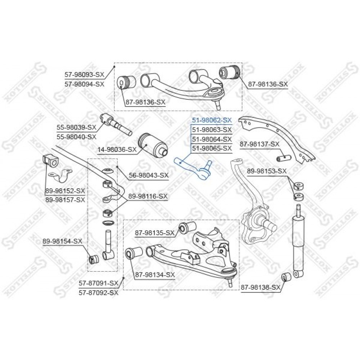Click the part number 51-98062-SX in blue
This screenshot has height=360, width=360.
[212, 120]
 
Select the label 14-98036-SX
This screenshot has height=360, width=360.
[117, 150]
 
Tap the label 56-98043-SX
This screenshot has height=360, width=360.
[149, 175]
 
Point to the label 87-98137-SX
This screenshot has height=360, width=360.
[260, 144]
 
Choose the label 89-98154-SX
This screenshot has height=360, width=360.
[62, 241]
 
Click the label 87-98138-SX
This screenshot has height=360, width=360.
[261, 287]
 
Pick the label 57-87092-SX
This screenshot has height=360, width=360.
[99, 292]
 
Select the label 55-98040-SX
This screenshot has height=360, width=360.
[76, 137]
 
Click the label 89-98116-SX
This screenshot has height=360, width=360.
[148, 196]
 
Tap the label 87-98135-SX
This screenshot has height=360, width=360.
[155, 233]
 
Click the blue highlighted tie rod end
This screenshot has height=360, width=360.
[193, 169]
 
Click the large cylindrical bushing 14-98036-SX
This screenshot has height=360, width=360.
[152, 145]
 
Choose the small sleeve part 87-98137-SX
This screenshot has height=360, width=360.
[284, 158]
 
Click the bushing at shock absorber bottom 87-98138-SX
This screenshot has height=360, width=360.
[286, 277]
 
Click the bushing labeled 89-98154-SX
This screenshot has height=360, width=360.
[94, 259]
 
